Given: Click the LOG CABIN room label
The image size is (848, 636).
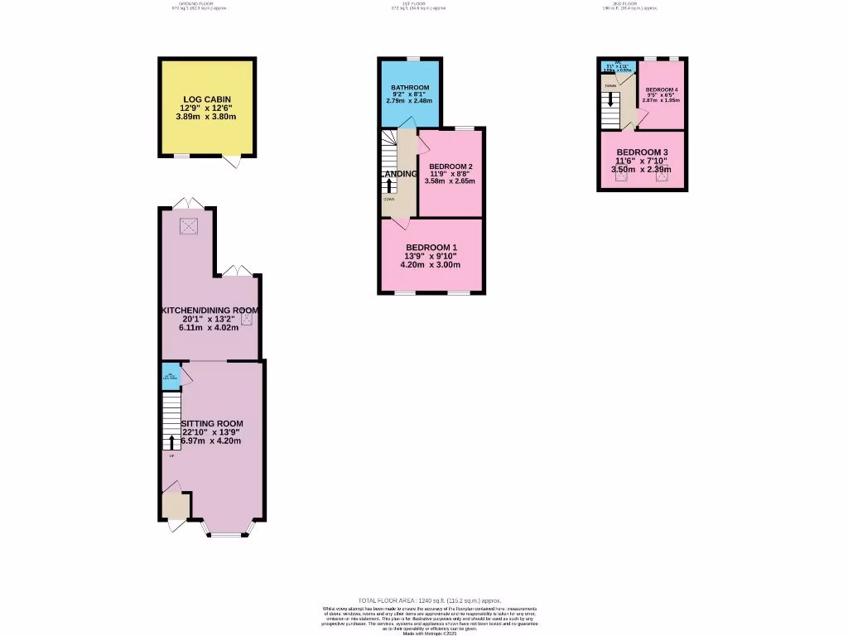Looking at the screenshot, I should click(206, 99).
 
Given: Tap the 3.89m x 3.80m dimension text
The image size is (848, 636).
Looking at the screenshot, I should click(206, 117).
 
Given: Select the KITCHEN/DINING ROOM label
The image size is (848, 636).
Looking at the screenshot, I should click(210, 311).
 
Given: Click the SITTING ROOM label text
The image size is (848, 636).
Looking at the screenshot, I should click(212, 423).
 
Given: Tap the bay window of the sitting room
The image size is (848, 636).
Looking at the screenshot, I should click(225, 529).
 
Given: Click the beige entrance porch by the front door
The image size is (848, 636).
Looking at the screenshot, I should click(176, 504).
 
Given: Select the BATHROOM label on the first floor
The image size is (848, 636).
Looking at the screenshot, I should click(410, 88).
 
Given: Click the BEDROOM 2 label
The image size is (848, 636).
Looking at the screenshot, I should click(450, 166).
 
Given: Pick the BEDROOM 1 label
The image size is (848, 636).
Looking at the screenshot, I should click(431, 248).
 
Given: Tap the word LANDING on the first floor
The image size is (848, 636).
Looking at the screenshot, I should click(399, 174).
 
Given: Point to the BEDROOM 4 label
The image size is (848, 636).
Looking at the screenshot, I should click(662, 89).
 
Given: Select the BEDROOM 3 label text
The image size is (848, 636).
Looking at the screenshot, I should click(642, 152).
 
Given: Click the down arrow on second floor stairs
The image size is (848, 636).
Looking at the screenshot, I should click(611, 99).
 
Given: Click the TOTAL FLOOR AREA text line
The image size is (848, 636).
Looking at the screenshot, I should click(429, 600).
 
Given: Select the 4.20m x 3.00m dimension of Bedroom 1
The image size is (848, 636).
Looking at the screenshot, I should click(430, 265).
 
